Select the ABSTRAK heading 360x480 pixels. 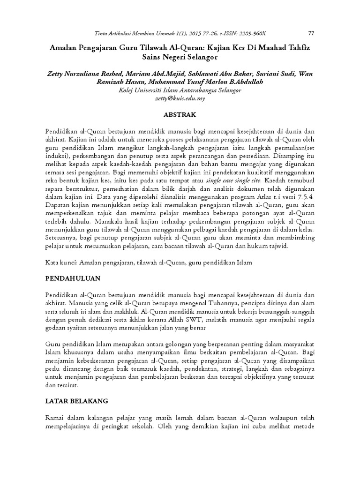180,114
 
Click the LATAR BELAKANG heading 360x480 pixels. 77,401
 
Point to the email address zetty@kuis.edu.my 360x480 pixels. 180,99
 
